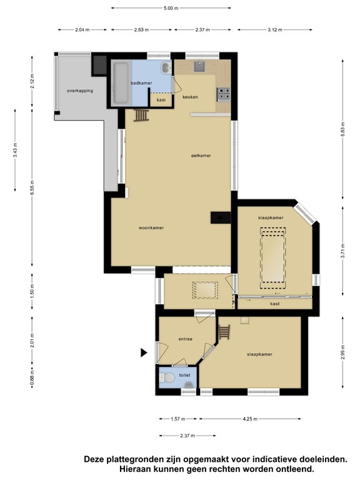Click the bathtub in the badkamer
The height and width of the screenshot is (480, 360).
(x=121, y=82)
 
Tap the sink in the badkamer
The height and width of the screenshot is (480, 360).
(x=166, y=67)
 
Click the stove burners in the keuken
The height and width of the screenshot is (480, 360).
(x=224, y=94)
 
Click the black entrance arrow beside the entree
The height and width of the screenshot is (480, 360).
(x=144, y=352)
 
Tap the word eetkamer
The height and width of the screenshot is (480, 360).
(x=201, y=156)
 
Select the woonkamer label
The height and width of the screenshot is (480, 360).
(x=151, y=227)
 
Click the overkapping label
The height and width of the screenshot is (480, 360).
(x=80, y=91)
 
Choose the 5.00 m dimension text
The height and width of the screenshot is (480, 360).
(x=171, y=8)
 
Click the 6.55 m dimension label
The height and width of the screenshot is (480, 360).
(x=32, y=187)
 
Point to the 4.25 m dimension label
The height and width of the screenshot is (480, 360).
(x=250, y=419)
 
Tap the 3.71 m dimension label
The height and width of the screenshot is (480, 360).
(x=342, y=251)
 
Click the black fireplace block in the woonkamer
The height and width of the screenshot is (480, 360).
(x=221, y=217)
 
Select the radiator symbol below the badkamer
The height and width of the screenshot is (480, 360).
(x=141, y=116)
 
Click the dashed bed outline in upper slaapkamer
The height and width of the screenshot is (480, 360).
(x=272, y=258)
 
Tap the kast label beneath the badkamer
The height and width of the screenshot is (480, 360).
(x=161, y=100)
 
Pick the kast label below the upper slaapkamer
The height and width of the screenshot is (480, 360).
(x=275, y=304)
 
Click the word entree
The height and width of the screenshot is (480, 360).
(x=186, y=339)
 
